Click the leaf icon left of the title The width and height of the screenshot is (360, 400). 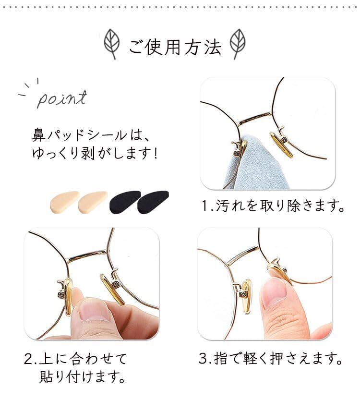[x=111, y=44]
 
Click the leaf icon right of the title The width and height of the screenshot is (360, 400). [x=238, y=44]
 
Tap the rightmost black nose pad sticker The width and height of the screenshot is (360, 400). [x=153, y=202]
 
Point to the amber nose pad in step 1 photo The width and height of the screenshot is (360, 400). [x=281, y=145]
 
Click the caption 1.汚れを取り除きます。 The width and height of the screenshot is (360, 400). [x=273, y=206]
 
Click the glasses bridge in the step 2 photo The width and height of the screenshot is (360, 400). [x=87, y=255]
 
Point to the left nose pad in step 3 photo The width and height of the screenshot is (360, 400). [x=246, y=297]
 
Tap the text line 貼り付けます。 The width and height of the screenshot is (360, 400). [x=83, y=376]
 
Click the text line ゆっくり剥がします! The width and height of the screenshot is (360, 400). [x=95, y=154]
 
